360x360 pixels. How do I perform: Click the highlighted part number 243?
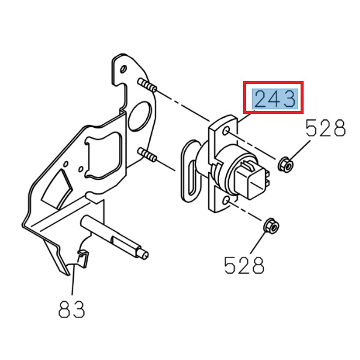274,98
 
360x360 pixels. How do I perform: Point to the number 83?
72,310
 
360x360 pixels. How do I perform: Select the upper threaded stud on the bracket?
148,86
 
